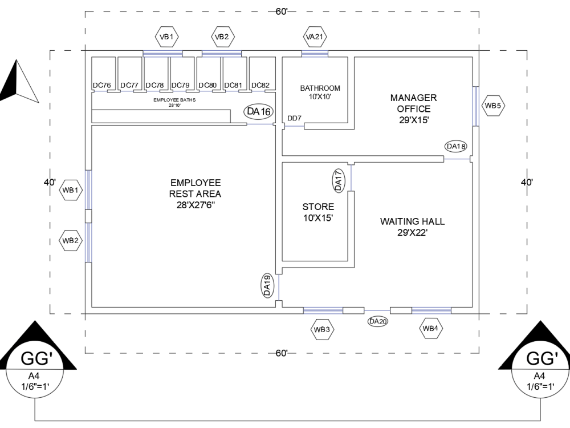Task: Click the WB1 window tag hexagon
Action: pyautogui.click(x=71, y=190)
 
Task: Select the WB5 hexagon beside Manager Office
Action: pyautogui.click(x=492, y=105)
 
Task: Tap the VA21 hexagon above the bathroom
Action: pyautogui.click(x=315, y=37)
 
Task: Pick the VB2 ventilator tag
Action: pyautogui.click(x=221, y=37)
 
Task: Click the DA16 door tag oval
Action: pyautogui.click(x=258, y=112)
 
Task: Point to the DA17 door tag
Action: pyautogui.click(x=338, y=180)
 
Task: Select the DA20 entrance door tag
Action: pyautogui.click(x=378, y=321)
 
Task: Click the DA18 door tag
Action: pyautogui.click(x=457, y=147)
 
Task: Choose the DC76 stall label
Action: pyautogui.click(x=102, y=86)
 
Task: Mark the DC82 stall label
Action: pyautogui.click(x=260, y=86)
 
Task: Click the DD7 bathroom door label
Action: pyautogui.click(x=294, y=118)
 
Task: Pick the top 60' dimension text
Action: pyautogui.click(x=282, y=12)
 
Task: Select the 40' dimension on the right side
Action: pyautogui.click(x=527, y=183)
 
